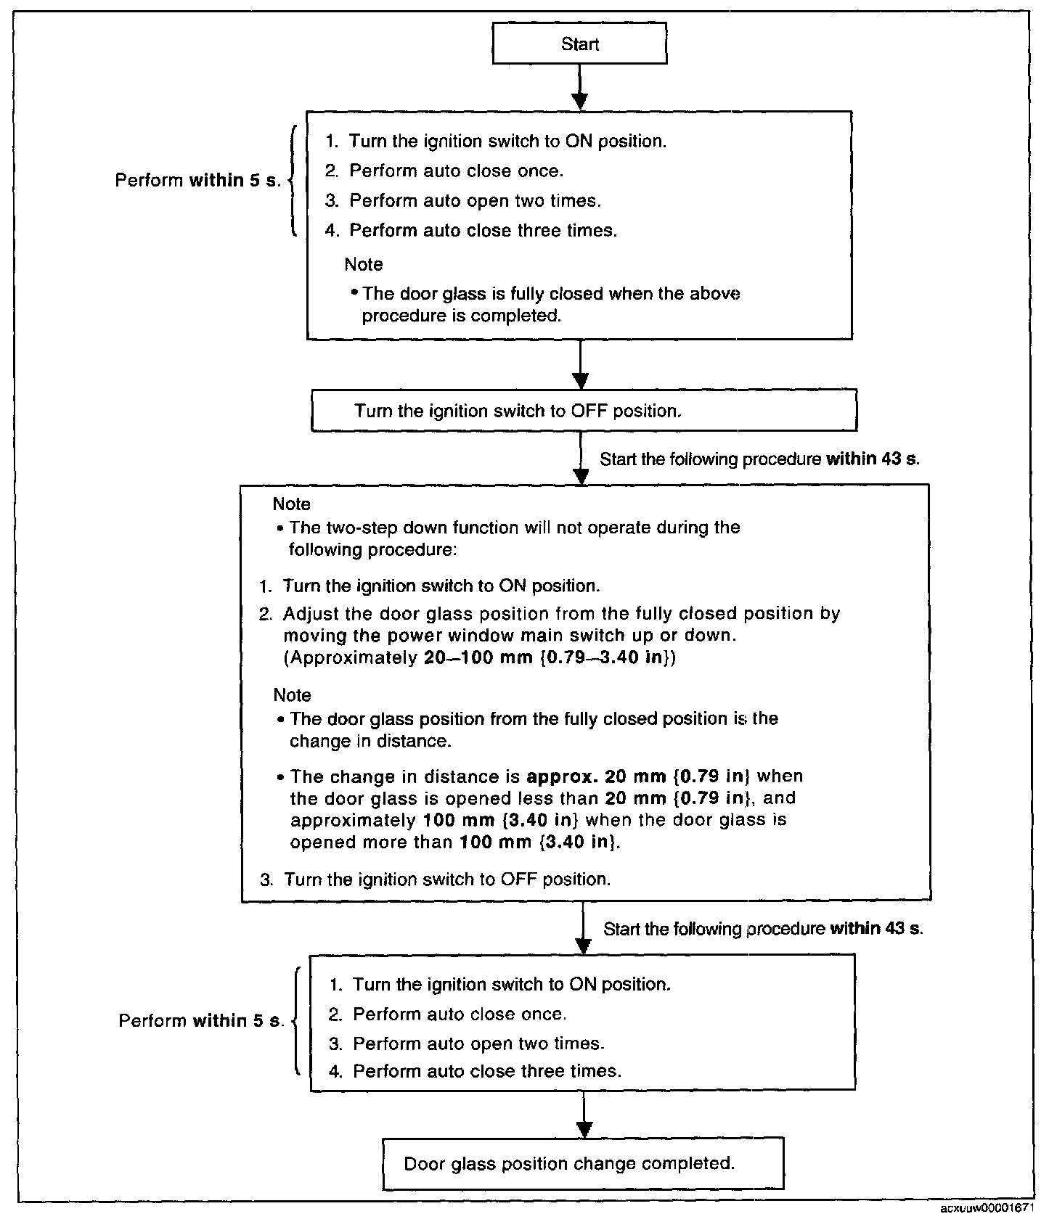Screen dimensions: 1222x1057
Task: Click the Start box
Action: (579, 44)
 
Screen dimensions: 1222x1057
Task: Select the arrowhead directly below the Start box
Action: (579, 101)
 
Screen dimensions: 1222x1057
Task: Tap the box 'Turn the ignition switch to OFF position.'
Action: (584, 411)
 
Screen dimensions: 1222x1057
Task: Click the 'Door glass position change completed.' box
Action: (583, 1163)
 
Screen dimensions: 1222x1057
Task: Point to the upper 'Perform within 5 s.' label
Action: (197, 181)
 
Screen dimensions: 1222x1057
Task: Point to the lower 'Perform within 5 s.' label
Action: (201, 1021)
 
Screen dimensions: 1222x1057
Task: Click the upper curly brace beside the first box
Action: (293, 181)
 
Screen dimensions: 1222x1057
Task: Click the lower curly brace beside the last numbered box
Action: (296, 1021)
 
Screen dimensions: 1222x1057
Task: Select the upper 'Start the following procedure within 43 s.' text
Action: (759, 459)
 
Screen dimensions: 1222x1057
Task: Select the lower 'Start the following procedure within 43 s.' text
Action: (763, 929)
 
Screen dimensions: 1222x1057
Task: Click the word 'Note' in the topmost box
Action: (364, 264)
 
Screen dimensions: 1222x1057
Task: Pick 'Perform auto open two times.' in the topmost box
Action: (475, 200)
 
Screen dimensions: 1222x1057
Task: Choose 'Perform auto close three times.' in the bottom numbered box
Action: (486, 1071)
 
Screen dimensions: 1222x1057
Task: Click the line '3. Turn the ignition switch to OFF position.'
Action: (436, 879)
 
